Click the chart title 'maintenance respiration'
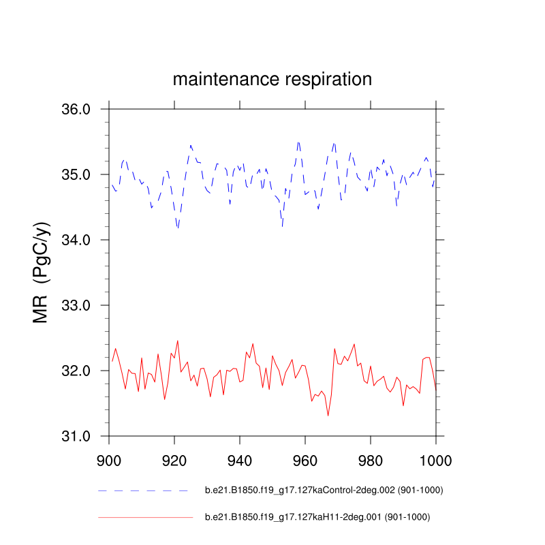click(x=272, y=79)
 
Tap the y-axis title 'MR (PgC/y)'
click(x=42, y=272)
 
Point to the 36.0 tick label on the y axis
click(x=76, y=109)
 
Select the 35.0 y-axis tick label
click(x=76, y=174)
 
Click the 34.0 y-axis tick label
click(x=76, y=240)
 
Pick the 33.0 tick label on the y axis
click(x=76, y=305)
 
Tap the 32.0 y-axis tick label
click(x=76, y=371)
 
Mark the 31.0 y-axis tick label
click(x=76, y=436)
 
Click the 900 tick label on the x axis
click(x=109, y=460)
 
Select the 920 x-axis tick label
click(x=174, y=460)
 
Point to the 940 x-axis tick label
click(x=240, y=460)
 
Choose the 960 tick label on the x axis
click(x=305, y=460)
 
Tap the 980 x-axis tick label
click(x=371, y=460)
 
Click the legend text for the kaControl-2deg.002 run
click(x=319, y=490)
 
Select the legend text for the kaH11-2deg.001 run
click(x=317, y=517)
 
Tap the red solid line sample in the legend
click(x=145, y=517)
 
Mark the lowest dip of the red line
click(x=328, y=416)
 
